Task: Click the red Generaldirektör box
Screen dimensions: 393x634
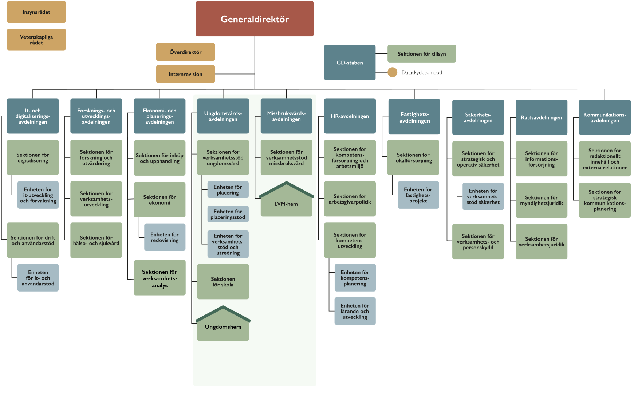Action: (x=255, y=19)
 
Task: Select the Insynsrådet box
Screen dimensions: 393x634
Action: (x=36, y=12)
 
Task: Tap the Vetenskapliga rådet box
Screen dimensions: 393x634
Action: (x=36, y=40)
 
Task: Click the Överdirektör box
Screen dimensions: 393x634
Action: (x=185, y=52)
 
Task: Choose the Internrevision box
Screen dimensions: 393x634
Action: (x=185, y=74)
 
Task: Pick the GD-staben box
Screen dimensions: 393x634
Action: (x=350, y=63)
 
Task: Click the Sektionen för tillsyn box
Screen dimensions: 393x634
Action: (x=422, y=54)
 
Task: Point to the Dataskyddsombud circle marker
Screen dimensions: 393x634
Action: (x=392, y=72)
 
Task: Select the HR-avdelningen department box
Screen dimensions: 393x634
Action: (x=350, y=116)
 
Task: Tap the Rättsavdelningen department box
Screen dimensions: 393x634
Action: (x=541, y=117)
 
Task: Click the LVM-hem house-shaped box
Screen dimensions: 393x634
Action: (x=286, y=202)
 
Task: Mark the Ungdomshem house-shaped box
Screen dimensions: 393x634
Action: (x=223, y=326)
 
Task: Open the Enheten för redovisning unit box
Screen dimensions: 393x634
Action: (x=165, y=237)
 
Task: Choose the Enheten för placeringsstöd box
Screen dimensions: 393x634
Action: (x=228, y=214)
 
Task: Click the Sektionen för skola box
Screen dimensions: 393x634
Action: (x=223, y=282)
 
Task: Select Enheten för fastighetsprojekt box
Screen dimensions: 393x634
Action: (x=418, y=195)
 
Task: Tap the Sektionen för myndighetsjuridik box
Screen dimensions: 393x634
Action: (x=541, y=200)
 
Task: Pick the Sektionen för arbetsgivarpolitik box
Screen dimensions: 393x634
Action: (x=350, y=199)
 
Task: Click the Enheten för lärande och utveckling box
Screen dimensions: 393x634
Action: (x=355, y=311)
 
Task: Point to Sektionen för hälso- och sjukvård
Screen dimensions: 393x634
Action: (x=96, y=240)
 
